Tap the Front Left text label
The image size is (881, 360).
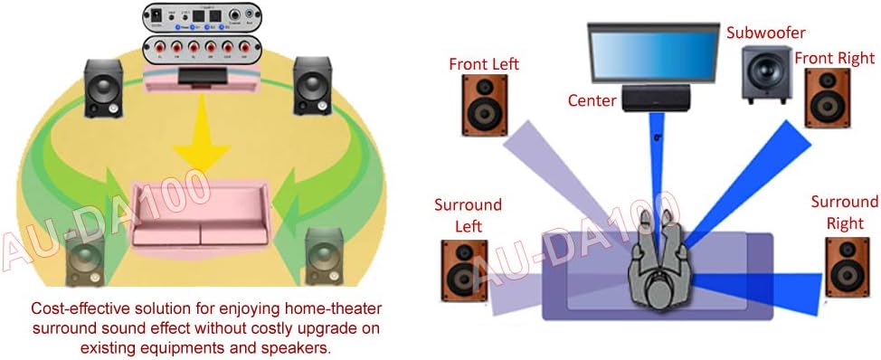coord(482,63)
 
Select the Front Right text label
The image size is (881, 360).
coord(834,58)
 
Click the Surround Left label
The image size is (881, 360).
coord(468,215)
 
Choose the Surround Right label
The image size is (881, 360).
coord(844,212)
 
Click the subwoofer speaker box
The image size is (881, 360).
coord(765,72)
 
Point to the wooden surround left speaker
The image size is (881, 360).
coord(464,275)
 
